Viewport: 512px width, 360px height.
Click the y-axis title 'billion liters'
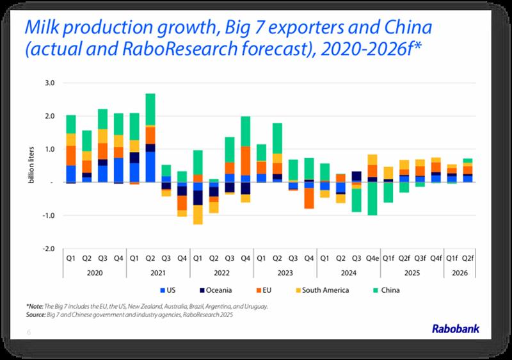coord(31,167)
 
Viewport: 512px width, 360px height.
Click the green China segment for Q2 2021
coord(150,110)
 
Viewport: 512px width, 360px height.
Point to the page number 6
coord(29,332)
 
